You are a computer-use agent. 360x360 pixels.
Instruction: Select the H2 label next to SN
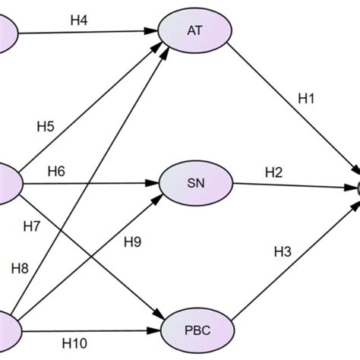coord(274,173)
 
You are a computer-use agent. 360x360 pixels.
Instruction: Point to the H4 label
coord(79,21)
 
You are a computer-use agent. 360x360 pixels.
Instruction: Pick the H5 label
coord(45,126)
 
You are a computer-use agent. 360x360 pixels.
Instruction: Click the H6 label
coord(56,171)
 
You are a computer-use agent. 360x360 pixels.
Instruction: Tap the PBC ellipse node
coord(195,331)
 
